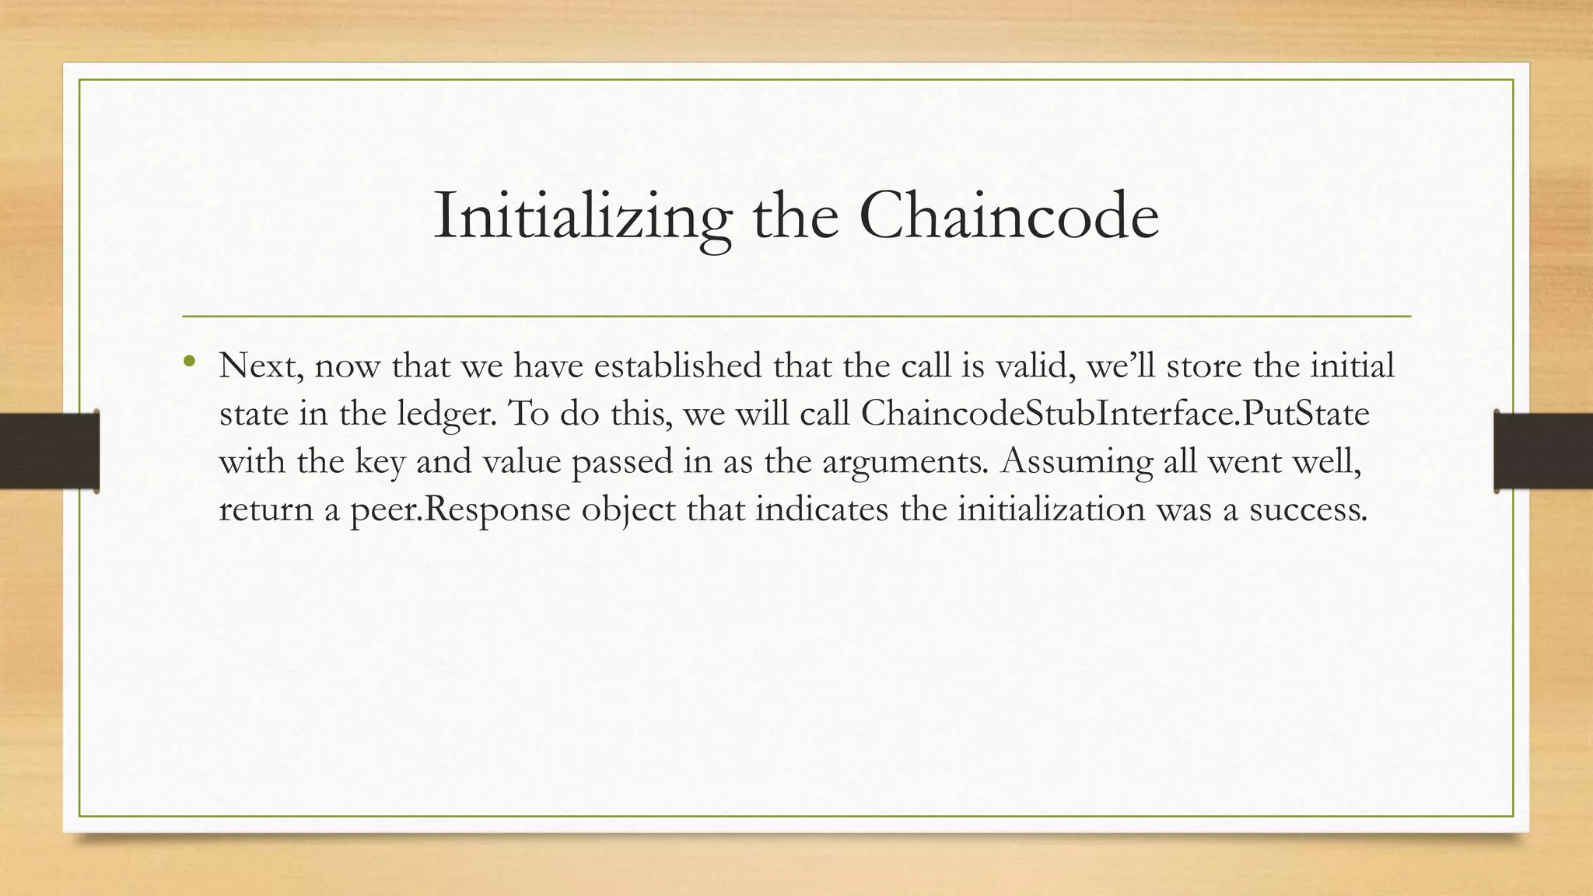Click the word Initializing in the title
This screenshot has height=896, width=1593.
[x=583, y=216]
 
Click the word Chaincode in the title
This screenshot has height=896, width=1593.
[x=1009, y=215]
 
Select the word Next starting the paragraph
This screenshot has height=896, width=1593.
[x=261, y=366]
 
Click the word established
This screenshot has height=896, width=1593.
[x=677, y=366]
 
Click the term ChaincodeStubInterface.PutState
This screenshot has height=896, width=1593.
[x=1115, y=414]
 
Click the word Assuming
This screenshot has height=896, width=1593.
[x=1077, y=462]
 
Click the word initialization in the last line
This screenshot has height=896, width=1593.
[x=1051, y=509]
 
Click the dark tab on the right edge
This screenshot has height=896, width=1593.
[x=1543, y=451]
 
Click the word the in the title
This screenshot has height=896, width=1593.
[x=795, y=216]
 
